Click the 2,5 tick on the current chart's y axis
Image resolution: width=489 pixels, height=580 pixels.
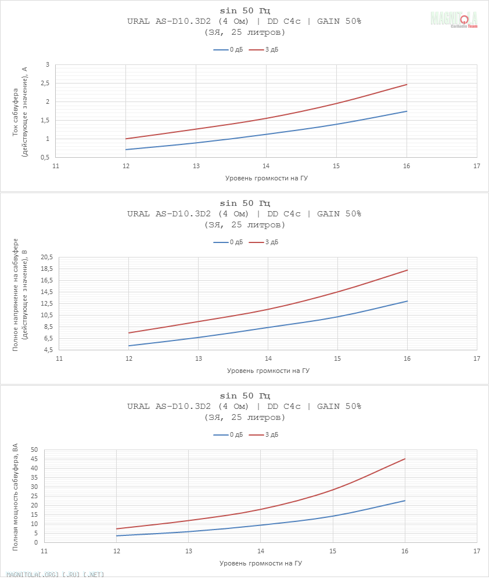44,84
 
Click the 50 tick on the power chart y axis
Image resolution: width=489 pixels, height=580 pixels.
34,449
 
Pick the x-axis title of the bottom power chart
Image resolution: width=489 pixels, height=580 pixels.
261,563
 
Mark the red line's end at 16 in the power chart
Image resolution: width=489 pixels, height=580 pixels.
405,459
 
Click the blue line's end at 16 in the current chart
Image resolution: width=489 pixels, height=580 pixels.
407,111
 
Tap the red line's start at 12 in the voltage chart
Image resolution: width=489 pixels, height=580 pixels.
129,333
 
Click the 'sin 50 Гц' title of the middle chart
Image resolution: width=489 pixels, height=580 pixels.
245,203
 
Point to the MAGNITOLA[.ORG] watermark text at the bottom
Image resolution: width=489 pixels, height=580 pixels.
52,575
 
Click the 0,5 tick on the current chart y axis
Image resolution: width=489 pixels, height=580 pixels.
44,157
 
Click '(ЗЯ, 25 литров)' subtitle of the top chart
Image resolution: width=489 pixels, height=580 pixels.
245,32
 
